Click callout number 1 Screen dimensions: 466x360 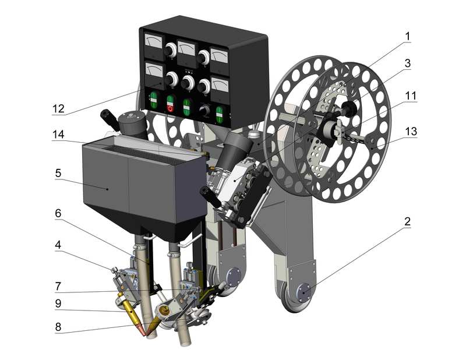pyautogui.click(x=407, y=36)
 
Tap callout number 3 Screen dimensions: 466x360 pyautogui.click(x=407, y=63)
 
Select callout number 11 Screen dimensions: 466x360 pyautogui.click(x=411, y=96)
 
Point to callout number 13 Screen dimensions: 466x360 pyautogui.click(x=411, y=131)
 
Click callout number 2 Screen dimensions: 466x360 pyautogui.click(x=407, y=221)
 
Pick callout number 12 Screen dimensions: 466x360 pyautogui.click(x=58, y=109)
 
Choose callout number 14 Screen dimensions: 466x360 pyautogui.click(x=58, y=135)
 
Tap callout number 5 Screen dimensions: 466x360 pyautogui.click(x=58, y=173)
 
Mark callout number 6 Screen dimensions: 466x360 pyautogui.click(x=58, y=213)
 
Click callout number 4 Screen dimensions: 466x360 pyautogui.click(x=58, y=245)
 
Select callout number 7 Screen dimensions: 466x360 pyautogui.click(x=58, y=286)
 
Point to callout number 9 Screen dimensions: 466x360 pyautogui.click(x=58, y=303)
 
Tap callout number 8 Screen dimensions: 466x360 pyautogui.click(x=58, y=327)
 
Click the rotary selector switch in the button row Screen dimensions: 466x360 pyautogui.click(x=204, y=111)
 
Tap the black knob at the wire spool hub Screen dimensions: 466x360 pyautogui.click(x=349, y=108)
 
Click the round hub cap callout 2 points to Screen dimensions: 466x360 pyautogui.click(x=303, y=292)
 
